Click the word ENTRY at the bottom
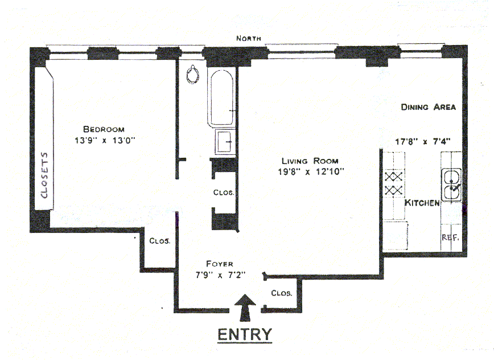(245, 334)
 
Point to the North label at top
(249, 38)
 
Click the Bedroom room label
(103, 129)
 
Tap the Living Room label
(310, 161)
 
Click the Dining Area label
(428, 107)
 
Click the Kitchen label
(422, 203)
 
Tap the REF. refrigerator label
(451, 238)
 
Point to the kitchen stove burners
(394, 183)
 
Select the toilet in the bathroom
(194, 74)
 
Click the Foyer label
(219, 264)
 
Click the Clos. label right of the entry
(282, 294)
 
